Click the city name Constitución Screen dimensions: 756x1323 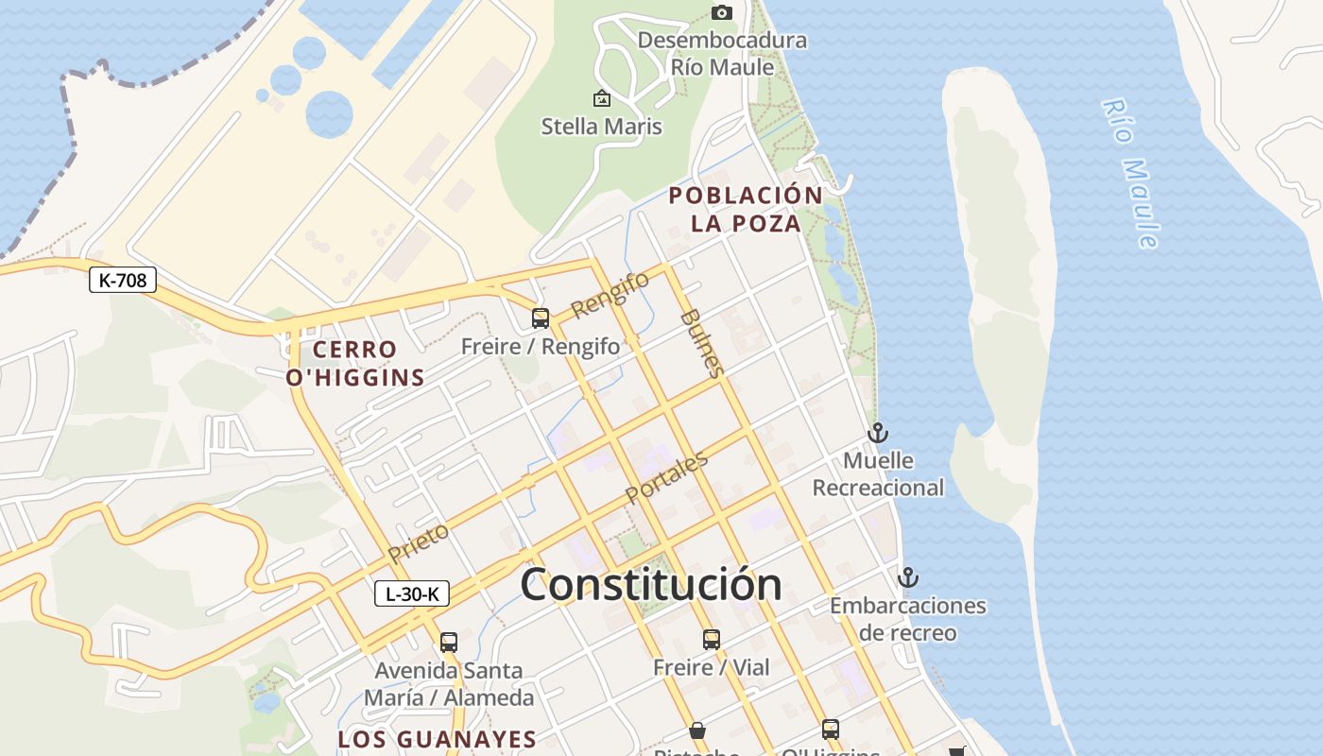tap(651, 584)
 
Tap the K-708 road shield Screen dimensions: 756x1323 tap(123, 280)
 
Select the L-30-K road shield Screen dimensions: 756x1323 tap(412, 593)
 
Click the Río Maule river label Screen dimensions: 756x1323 tap(1130, 174)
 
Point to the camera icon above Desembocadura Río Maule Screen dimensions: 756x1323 tap(722, 12)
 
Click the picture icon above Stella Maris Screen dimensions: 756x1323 tap(601, 97)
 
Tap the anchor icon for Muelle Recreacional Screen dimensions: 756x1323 tap(879, 433)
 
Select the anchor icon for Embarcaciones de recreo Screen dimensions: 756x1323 tap(908, 576)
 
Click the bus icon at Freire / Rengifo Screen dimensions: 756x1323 tap(541, 318)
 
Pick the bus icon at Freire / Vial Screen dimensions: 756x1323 tap(712, 640)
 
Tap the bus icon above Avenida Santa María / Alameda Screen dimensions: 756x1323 tap(449, 643)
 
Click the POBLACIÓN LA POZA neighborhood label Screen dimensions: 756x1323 tap(746, 209)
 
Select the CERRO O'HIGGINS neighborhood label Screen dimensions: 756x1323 tap(354, 364)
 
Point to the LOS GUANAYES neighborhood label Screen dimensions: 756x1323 tap(438, 739)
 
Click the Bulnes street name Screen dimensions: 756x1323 tap(702, 342)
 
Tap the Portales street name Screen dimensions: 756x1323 tap(666, 478)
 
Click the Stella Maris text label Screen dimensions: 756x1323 tap(601, 127)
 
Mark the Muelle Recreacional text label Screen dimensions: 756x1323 tap(878, 474)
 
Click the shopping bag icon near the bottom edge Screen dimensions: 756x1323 tap(697, 730)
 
